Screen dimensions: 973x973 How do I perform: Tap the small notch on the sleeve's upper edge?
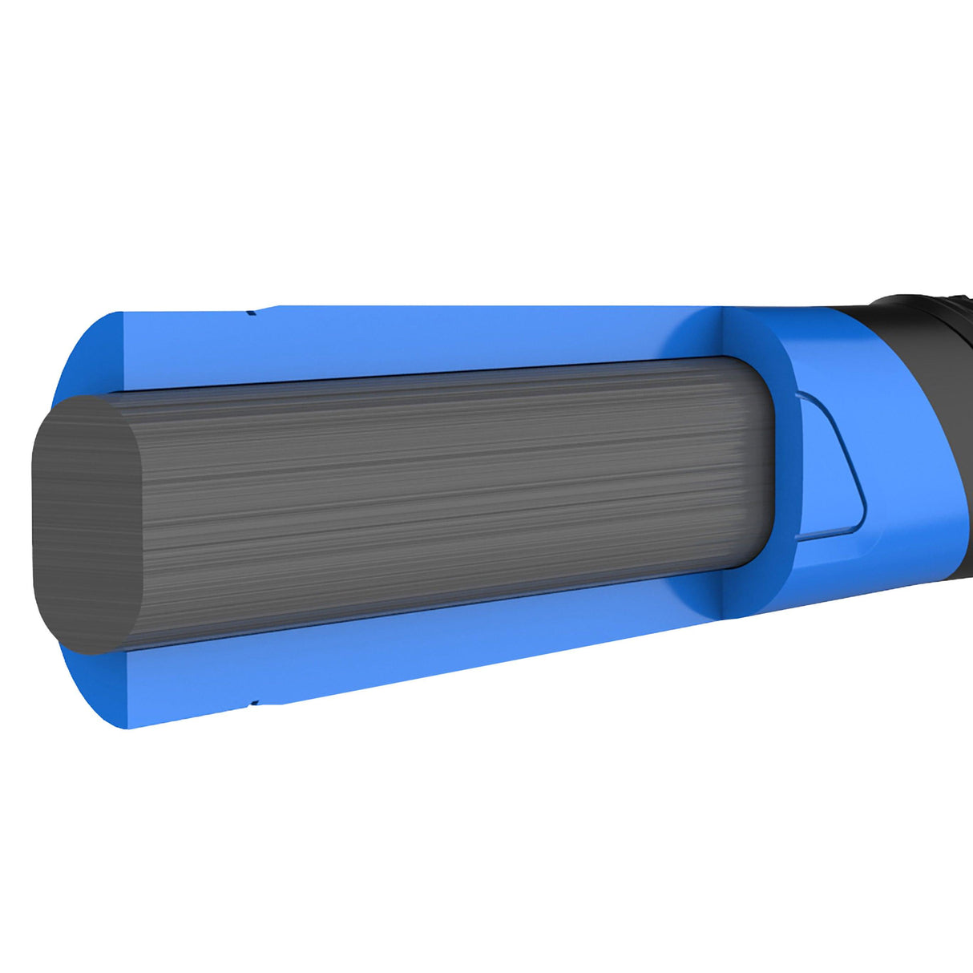pos(252,312)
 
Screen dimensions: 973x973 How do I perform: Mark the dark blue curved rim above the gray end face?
pos(80,353)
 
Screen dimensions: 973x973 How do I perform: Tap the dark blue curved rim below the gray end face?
pos(88,689)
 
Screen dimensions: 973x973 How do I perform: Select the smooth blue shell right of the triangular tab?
pos(914,481)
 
